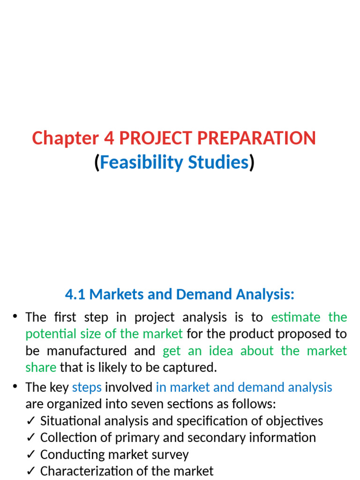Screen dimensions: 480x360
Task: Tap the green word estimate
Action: [296, 317]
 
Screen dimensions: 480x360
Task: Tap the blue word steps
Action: [87, 387]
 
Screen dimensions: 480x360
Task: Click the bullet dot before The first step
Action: [15, 317]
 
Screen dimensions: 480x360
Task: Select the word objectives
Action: [293, 421]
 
